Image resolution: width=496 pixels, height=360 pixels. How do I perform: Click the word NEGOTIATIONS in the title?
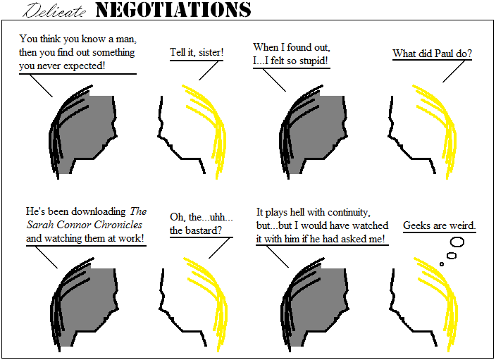[173, 10]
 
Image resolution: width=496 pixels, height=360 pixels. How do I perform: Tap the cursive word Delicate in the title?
[54, 11]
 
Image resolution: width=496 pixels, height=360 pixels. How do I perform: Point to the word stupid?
[314, 61]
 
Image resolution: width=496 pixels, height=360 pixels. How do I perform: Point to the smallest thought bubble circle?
[442, 264]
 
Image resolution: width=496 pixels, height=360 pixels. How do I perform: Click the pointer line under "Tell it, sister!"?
[209, 70]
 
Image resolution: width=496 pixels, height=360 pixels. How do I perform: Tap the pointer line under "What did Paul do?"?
[454, 71]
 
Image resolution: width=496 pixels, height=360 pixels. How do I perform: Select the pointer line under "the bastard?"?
[219, 248]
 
